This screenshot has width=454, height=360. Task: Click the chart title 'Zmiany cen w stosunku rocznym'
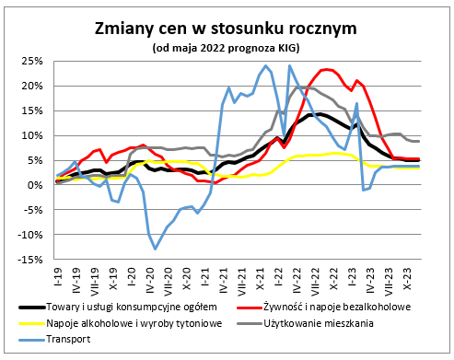pos(227,29)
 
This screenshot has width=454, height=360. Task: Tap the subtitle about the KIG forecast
pos(227,47)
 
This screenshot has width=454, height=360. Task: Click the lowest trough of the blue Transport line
pos(155,249)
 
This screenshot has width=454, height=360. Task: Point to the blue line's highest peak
pos(266,65)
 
